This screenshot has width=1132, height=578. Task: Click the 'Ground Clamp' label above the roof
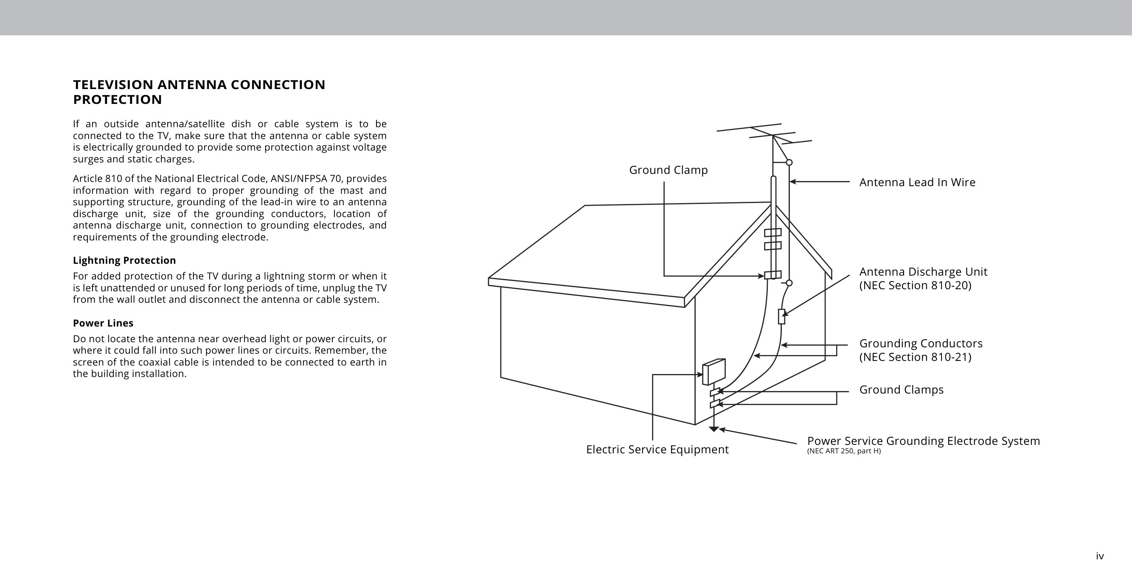point(668,170)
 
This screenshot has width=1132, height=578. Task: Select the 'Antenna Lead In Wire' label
point(917,182)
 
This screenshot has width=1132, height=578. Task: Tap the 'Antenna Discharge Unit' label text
point(923,272)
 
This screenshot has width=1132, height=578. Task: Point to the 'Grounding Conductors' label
point(921,343)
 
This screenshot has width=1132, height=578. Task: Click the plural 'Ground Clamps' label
point(901,390)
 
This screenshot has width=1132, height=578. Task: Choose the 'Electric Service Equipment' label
point(657,450)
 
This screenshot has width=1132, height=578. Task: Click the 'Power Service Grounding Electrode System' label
point(923,441)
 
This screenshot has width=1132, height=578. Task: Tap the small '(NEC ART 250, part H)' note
point(844,451)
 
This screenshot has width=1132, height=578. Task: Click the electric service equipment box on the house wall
point(713,371)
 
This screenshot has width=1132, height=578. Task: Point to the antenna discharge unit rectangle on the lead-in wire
point(781,316)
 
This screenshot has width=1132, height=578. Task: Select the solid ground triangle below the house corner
point(713,429)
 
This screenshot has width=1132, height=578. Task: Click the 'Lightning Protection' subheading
point(124,260)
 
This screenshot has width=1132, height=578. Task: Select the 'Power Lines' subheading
point(103,323)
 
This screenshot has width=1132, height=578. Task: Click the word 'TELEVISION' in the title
point(113,85)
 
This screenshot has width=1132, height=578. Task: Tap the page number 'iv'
point(1099,556)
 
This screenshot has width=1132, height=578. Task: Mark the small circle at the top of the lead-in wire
point(789,162)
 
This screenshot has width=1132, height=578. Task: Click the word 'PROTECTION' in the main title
point(117,100)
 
